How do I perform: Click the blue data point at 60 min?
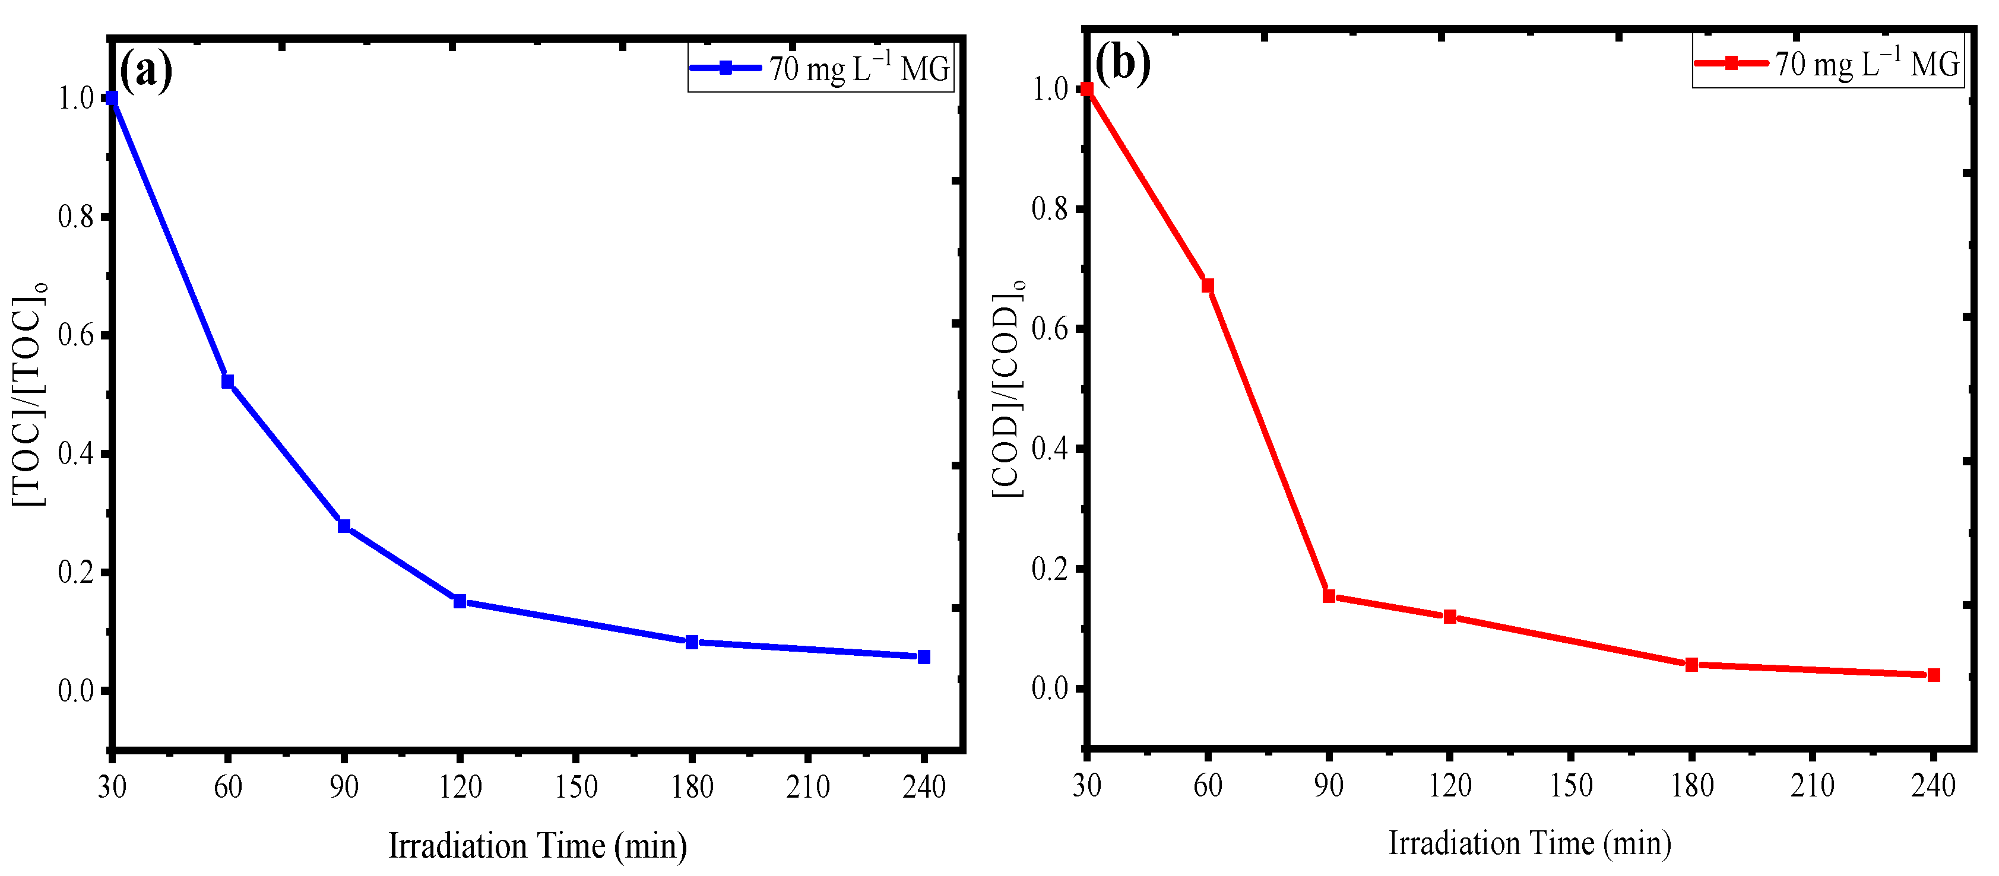227,381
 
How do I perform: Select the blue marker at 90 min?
344,526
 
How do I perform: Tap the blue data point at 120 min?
460,601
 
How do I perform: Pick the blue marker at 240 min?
923,657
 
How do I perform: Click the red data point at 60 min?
1208,285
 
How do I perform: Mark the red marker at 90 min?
1329,596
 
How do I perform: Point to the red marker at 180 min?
1691,665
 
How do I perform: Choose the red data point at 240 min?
1934,675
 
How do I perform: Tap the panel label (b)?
1123,62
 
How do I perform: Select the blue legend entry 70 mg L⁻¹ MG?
820,69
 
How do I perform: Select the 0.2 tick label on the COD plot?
1050,569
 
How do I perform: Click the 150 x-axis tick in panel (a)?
576,788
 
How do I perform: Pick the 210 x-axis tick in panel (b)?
1812,786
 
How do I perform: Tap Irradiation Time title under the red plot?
1529,843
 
